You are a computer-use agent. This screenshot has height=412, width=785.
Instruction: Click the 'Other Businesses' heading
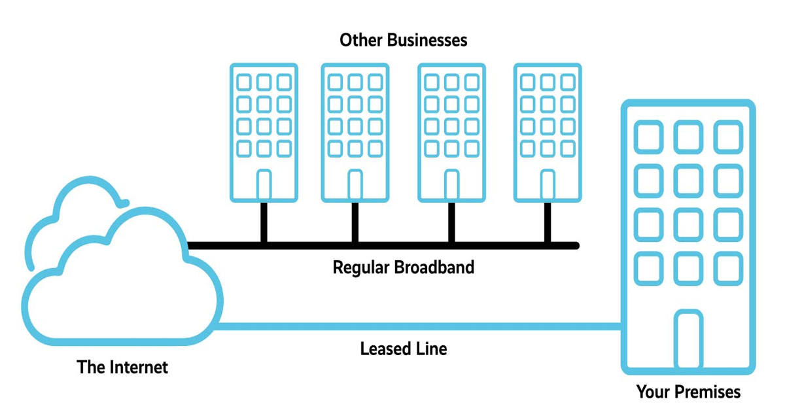click(x=403, y=40)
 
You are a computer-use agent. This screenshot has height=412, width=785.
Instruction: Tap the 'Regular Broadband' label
click(x=403, y=267)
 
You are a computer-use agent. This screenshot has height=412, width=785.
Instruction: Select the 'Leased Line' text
click(x=403, y=349)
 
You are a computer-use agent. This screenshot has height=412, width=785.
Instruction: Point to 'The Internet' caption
click(x=122, y=367)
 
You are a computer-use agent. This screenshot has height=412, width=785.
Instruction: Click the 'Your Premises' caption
click(x=688, y=392)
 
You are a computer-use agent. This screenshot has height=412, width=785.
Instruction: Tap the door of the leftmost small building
click(x=264, y=184)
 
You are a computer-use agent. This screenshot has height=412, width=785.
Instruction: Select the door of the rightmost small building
click(x=547, y=184)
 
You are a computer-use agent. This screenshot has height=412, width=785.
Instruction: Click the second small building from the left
click(x=354, y=131)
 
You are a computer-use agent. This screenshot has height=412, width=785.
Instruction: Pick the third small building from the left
click(x=451, y=131)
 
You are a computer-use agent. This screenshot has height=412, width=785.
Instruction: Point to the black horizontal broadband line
click(x=392, y=246)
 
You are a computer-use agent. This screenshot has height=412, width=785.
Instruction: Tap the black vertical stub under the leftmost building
click(x=264, y=222)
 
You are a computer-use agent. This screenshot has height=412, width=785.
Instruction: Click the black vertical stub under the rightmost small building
click(x=547, y=222)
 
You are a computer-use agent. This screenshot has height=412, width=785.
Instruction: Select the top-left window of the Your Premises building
click(x=648, y=137)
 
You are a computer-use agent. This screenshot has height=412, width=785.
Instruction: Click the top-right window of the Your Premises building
click(x=727, y=137)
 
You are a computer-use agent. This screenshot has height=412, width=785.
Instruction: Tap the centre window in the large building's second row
click(x=688, y=181)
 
